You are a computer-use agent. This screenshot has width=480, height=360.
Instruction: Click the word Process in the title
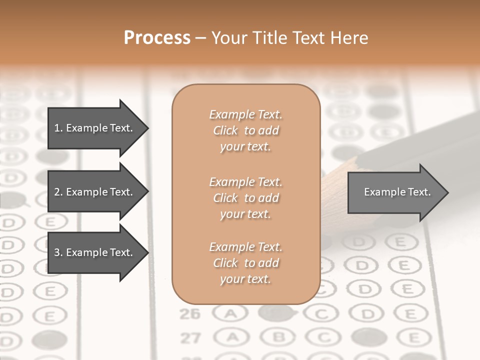[x=157, y=37]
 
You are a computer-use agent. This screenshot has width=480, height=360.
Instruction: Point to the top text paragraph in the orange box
[x=245, y=130]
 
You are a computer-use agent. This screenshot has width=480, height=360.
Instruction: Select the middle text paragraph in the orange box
[x=245, y=198]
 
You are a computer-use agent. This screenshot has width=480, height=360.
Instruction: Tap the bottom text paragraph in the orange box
[x=245, y=263]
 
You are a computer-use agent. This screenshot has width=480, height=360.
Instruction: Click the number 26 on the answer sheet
[x=189, y=314]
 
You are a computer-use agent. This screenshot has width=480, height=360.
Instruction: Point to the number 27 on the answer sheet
[x=190, y=338]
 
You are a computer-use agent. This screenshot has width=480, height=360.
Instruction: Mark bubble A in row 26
[x=230, y=314]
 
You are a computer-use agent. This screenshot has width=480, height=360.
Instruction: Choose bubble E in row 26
[x=409, y=313]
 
